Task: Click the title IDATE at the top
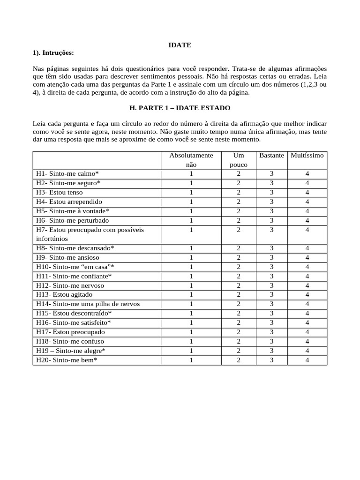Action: (x=180, y=45)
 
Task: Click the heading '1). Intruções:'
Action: (x=53, y=52)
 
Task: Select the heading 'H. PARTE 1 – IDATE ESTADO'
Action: (x=180, y=108)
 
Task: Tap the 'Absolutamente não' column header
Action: (x=191, y=160)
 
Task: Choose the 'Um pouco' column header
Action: (x=238, y=160)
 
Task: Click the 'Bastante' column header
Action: (x=271, y=155)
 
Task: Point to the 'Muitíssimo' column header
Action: (x=307, y=155)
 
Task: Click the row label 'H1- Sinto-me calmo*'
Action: (x=67, y=173)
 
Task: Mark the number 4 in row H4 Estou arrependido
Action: (x=307, y=202)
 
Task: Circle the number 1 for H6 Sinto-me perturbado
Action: (x=191, y=220)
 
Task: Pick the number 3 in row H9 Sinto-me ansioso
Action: (x=271, y=257)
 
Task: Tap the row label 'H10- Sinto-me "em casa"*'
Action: (x=75, y=267)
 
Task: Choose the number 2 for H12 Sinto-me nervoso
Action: (x=238, y=285)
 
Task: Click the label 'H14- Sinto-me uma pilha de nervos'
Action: (x=88, y=304)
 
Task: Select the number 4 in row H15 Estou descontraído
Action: (x=307, y=313)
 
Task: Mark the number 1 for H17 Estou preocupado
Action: (x=191, y=332)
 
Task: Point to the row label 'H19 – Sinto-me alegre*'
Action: (x=71, y=351)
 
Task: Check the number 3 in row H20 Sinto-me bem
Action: (x=271, y=360)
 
